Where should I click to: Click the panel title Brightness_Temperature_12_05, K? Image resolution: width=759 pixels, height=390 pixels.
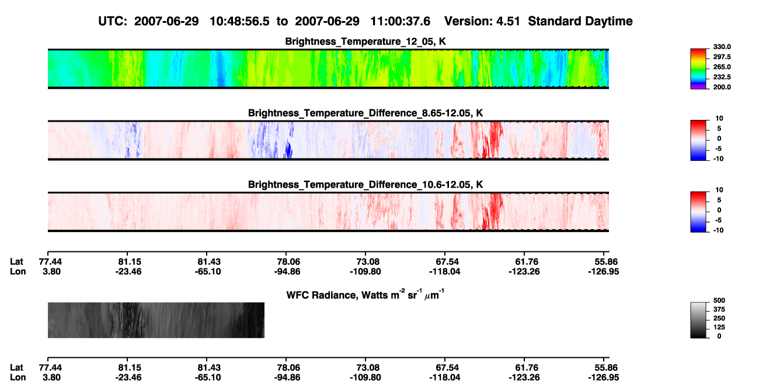point(365,42)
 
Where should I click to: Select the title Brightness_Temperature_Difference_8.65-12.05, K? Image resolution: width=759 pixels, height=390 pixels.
point(365,113)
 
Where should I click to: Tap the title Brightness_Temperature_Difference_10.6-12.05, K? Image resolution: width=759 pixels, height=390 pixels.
point(365,185)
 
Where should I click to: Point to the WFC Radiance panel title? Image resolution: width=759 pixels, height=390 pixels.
point(365,295)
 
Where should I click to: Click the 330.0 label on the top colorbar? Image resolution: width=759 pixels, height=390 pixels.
point(722,47)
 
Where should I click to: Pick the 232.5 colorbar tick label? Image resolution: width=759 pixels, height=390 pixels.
point(722,77)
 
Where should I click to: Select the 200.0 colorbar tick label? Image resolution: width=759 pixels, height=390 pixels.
point(722,87)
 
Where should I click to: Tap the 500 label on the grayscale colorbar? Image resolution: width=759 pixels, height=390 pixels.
point(719,301)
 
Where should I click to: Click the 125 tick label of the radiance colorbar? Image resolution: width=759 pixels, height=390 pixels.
point(719,327)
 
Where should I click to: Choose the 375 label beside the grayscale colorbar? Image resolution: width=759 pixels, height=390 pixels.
point(719,309)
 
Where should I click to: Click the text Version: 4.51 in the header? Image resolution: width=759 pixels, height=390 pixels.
point(482,21)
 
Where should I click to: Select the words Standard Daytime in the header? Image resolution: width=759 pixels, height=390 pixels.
point(580,21)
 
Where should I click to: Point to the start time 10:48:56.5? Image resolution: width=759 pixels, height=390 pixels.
point(239,21)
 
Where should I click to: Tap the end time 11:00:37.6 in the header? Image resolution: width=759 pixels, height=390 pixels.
point(400,21)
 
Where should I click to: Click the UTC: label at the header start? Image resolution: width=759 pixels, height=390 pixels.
point(113,21)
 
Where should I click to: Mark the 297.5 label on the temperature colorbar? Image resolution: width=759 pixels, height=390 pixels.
point(722,57)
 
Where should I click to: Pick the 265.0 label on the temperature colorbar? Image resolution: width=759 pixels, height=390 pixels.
point(722,67)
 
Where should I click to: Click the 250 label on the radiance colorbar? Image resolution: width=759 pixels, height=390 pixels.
point(719,319)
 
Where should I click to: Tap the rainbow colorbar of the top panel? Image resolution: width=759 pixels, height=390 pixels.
point(698,69)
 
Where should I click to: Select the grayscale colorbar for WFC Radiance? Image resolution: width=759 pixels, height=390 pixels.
point(698,320)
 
